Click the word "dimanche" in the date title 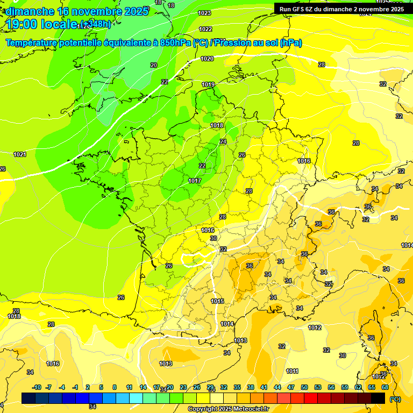(x=27, y=11)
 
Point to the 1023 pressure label (x=204, y=13)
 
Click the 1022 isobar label (x=205, y=29)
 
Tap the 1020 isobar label (x=207, y=59)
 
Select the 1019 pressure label (x=209, y=84)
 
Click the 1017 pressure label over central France (x=195, y=181)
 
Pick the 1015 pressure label (x=218, y=301)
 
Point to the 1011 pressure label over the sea (x=292, y=371)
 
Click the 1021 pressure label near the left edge (x=20, y=154)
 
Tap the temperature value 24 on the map (x=223, y=141)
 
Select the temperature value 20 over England (x=154, y=65)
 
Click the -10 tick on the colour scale (x=37, y=387)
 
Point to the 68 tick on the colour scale (x=385, y=387)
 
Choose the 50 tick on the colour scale (x=304, y=387)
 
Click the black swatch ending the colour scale (x=378, y=398)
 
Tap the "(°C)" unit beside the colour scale (x=395, y=398)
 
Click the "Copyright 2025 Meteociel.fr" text (x=228, y=409)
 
